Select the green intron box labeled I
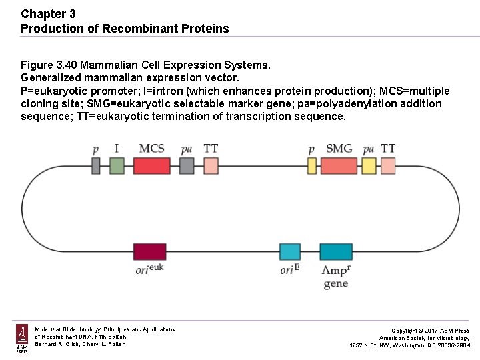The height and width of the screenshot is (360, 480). point(117,165)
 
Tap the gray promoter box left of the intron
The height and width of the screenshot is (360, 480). point(96,165)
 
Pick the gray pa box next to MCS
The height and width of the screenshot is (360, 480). point(187,165)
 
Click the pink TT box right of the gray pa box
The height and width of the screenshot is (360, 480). point(211,165)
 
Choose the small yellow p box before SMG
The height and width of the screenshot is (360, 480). point(311,165)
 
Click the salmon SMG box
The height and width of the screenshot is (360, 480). point(339,165)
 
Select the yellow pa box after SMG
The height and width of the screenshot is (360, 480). point(369,165)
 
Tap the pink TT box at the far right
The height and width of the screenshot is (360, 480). point(389,165)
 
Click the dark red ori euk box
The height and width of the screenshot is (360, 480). point(150,251)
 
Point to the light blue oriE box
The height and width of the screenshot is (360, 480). point(290,251)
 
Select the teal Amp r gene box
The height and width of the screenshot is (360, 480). point(335,251)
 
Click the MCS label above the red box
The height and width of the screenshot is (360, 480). point(151,148)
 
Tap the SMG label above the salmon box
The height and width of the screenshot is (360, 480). point(339,148)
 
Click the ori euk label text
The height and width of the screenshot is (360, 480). point(149,269)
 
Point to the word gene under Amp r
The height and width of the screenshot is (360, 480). point(335,284)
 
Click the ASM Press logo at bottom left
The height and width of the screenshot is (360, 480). point(22,339)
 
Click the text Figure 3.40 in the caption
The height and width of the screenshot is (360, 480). point(51,65)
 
